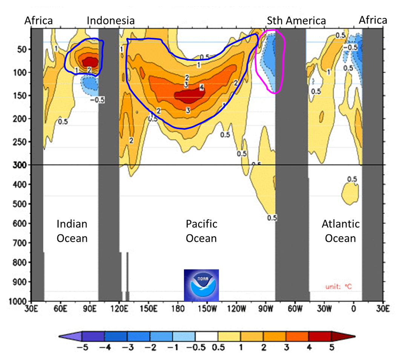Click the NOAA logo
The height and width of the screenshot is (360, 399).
coord(201,285)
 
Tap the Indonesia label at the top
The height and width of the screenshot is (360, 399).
coord(110,20)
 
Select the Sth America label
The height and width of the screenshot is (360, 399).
coord(296,20)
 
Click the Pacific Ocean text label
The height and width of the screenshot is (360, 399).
coord(201,231)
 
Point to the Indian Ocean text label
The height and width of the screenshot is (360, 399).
coord(72,231)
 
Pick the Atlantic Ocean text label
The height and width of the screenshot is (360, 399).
coord(340,231)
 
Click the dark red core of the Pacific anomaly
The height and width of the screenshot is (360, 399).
coord(189,95)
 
